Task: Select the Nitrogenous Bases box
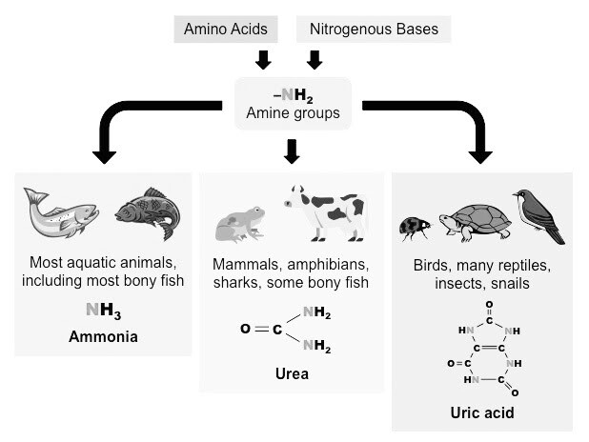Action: pyautogui.click(x=374, y=30)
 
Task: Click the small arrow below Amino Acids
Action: pyautogui.click(x=264, y=60)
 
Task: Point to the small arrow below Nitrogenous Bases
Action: pyautogui.click(x=315, y=60)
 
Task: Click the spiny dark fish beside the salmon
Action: pyautogui.click(x=147, y=211)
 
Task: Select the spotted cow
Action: pyautogui.click(x=324, y=211)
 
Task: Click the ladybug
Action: pyautogui.click(x=413, y=227)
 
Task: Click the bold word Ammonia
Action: pyautogui.click(x=102, y=337)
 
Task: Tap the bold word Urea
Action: pyautogui.click(x=293, y=374)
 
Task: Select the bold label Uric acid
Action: pyautogui.click(x=482, y=413)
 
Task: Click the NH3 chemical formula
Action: pyautogui.click(x=102, y=310)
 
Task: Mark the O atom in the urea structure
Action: pyautogui.click(x=247, y=330)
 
